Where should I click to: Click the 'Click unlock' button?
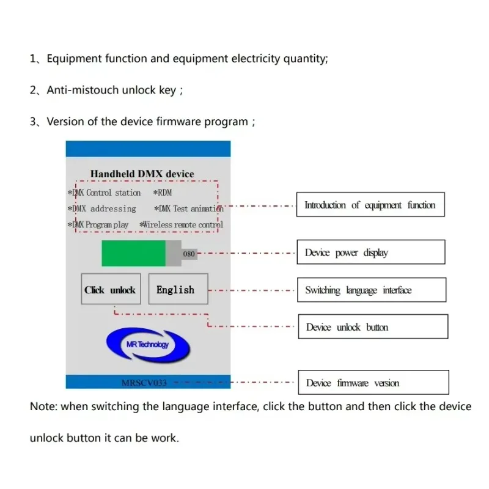[x=110, y=290]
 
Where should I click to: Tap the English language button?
[x=178, y=290]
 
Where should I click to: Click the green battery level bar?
[x=133, y=253]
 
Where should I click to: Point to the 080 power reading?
[x=189, y=254]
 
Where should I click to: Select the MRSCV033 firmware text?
[x=144, y=383]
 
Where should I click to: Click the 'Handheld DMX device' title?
[x=142, y=174]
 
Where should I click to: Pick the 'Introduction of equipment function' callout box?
[x=370, y=205]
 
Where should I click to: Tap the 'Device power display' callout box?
[x=370, y=252]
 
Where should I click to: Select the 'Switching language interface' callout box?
[x=371, y=290]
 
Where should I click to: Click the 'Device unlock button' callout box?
[x=372, y=327]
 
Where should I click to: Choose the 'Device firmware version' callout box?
[x=373, y=383]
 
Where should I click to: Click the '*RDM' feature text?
[x=163, y=193]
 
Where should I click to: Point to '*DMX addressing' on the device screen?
[x=102, y=208]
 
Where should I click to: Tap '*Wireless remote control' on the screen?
[x=182, y=224]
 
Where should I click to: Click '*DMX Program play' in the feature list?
[x=98, y=224]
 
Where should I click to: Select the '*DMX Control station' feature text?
[x=105, y=193]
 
